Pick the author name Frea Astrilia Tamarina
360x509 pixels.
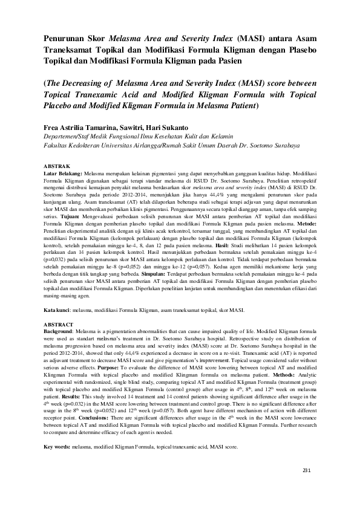click(x=79, y=128)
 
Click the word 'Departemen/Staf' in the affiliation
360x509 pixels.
click(x=66, y=137)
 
